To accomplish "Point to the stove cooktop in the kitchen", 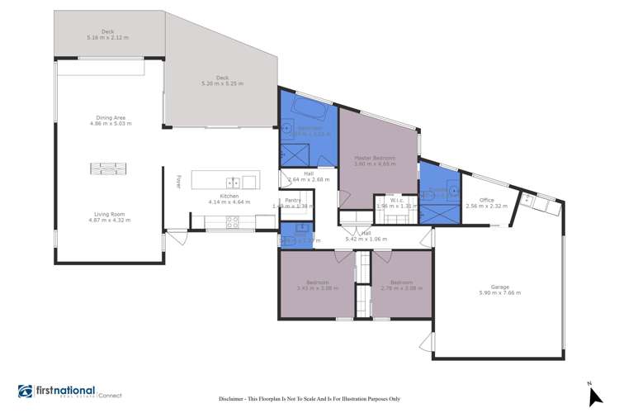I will click(233, 221).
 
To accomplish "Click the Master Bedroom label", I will click(375, 160).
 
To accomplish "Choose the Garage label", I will click(500, 289).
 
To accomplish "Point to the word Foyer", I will click(178, 181).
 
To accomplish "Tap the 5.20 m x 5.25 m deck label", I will click(222, 81).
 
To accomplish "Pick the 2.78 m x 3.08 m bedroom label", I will click(402, 285).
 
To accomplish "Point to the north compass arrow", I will click(593, 396).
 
